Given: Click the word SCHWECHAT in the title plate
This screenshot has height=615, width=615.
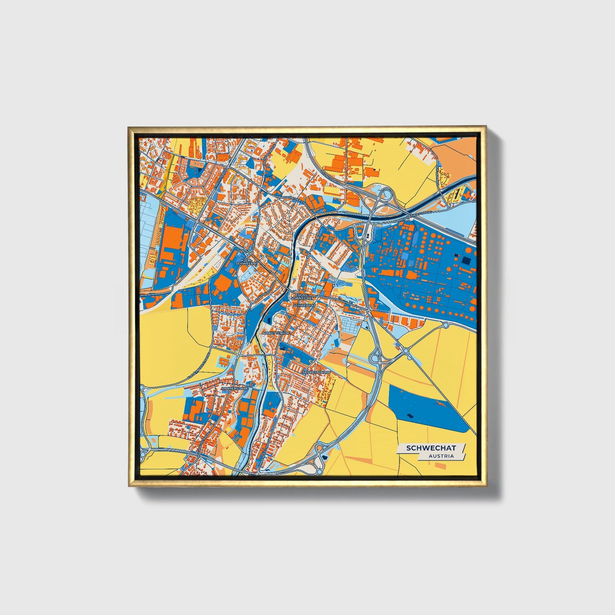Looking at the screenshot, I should (431, 448).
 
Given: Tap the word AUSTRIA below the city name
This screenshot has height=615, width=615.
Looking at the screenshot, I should (441, 456).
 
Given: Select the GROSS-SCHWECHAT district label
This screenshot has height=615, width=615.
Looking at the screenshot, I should (302, 297).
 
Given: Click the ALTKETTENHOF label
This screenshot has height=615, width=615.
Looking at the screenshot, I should (277, 333).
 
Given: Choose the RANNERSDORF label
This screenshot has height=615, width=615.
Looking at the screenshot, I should (234, 389).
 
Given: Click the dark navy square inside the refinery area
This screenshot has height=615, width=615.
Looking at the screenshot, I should (466, 260).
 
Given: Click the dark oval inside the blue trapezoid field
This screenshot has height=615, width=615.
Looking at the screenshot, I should (410, 416).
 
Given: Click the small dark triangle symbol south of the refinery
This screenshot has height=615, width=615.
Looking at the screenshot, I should (366, 327).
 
